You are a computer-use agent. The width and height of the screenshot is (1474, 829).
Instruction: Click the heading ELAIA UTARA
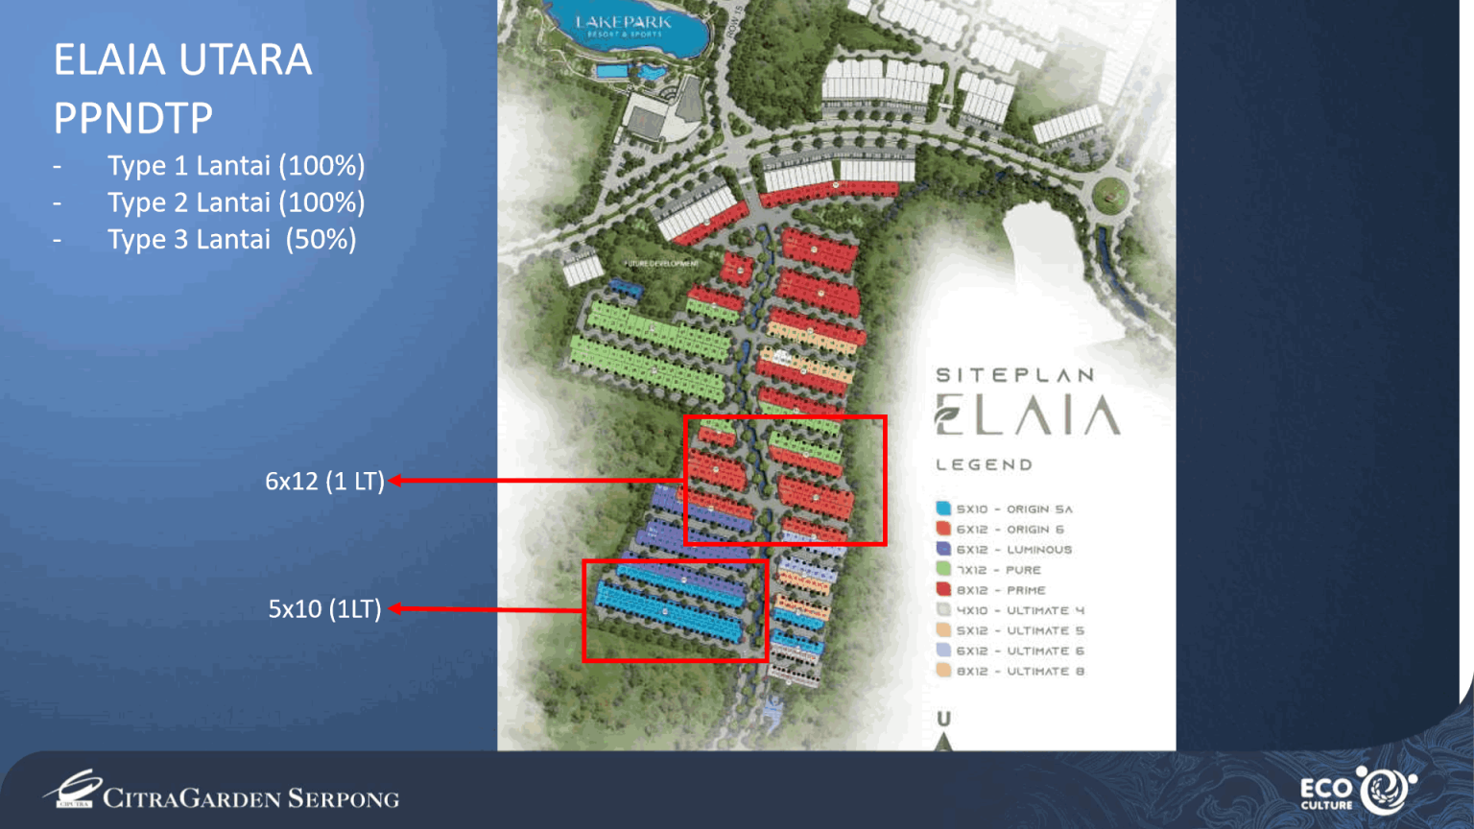(x=182, y=60)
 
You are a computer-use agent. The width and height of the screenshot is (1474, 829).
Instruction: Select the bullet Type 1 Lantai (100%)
(x=235, y=166)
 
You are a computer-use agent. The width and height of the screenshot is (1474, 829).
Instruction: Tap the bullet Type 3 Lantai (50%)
(x=231, y=240)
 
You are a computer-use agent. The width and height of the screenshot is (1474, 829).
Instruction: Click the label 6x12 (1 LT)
(x=324, y=481)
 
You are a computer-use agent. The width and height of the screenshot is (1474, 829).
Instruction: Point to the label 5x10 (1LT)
(x=324, y=609)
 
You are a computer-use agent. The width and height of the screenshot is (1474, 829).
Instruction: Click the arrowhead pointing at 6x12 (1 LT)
(x=394, y=481)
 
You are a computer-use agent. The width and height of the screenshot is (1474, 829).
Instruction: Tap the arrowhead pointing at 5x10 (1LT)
(x=394, y=608)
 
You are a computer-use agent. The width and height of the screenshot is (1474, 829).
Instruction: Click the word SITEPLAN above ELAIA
(x=1014, y=375)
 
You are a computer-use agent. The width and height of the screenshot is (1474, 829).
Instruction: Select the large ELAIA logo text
(x=1027, y=415)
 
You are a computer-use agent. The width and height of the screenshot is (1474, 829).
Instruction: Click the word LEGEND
(x=985, y=465)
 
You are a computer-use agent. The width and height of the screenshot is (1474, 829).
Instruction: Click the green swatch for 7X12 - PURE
(x=943, y=569)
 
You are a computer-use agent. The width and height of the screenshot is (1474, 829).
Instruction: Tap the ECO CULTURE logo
(x=1357, y=792)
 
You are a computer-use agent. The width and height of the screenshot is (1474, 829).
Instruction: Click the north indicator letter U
(x=944, y=719)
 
